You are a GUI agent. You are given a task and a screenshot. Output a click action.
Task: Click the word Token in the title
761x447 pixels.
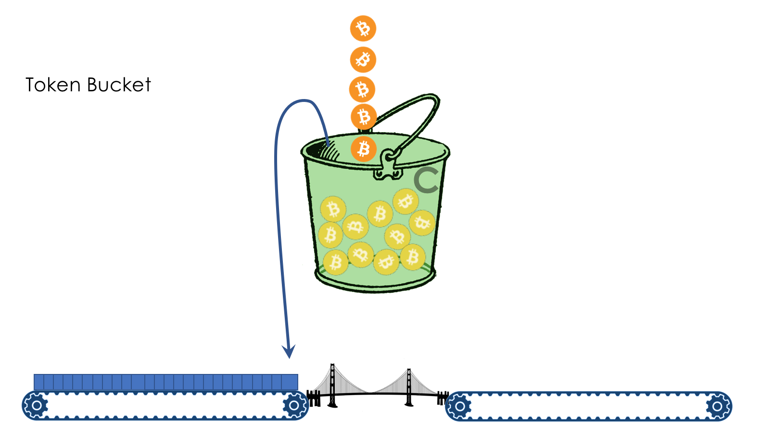[x=53, y=85]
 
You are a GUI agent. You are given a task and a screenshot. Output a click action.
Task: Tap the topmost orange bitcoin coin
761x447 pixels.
[x=363, y=28]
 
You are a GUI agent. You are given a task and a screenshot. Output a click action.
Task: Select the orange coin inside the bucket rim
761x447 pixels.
[x=363, y=149]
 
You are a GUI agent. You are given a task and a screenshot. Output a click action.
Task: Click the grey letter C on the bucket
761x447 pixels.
[x=426, y=180]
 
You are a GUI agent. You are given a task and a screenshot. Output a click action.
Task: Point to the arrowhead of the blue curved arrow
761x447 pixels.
[x=289, y=352]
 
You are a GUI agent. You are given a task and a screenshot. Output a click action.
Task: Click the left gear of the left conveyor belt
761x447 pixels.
[x=36, y=406]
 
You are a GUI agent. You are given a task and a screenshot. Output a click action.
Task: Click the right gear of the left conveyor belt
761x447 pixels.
[x=294, y=406]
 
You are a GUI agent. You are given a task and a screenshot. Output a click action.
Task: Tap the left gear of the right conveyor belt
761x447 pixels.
[x=459, y=407]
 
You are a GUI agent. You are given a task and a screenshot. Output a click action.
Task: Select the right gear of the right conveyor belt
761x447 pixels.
[x=717, y=407]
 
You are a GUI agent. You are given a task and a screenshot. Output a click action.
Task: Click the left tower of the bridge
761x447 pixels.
[x=332, y=385]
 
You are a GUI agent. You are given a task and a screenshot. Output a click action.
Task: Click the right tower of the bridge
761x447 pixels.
[x=409, y=387]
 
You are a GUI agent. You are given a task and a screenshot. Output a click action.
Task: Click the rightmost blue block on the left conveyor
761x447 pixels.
[x=290, y=382]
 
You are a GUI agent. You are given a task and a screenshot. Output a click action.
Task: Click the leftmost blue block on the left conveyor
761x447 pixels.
[x=39, y=382]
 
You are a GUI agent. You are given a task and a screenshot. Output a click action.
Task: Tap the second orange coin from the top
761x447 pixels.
[x=363, y=60]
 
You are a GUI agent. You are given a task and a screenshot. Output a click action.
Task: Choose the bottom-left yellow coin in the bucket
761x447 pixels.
[x=335, y=262]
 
